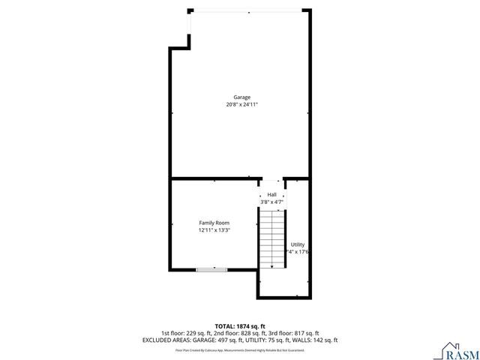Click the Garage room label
(x=241, y=97)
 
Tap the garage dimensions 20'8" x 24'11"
(x=241, y=105)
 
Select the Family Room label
(x=214, y=223)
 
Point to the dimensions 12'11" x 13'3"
(x=214, y=230)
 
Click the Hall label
(x=271, y=194)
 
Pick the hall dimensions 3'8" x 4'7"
(x=271, y=202)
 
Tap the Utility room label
(x=298, y=244)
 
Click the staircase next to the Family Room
(x=271, y=236)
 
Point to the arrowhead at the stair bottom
(x=271, y=265)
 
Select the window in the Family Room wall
(x=211, y=269)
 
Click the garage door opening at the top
(x=247, y=10)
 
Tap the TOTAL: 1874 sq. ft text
(x=240, y=326)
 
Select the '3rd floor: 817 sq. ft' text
(x=295, y=333)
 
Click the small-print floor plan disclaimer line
(x=240, y=349)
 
